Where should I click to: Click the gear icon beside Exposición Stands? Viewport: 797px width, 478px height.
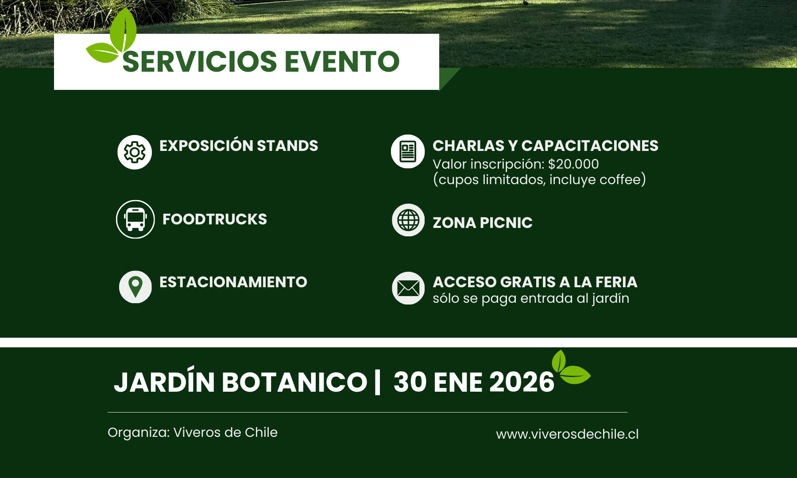[135, 152]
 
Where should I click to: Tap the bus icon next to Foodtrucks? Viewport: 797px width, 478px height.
[135, 219]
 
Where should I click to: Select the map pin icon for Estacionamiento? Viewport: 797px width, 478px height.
[135, 287]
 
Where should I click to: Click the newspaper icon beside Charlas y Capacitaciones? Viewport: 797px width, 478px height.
[408, 151]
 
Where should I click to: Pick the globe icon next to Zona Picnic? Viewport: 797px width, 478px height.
[408, 220]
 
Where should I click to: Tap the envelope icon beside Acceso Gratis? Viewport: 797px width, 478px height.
[408, 288]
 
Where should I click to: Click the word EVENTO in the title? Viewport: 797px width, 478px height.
[342, 62]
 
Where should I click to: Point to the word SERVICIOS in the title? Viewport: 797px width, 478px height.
[200, 62]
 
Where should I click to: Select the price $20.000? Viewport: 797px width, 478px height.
[573, 164]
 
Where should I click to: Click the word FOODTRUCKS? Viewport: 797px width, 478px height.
[215, 219]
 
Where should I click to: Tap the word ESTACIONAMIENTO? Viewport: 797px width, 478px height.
[233, 282]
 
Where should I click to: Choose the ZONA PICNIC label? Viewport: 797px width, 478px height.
[483, 223]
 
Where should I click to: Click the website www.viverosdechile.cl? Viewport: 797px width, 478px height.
[567, 434]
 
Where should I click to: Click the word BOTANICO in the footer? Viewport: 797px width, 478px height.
[294, 382]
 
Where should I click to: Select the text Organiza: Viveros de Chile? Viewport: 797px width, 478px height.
[193, 432]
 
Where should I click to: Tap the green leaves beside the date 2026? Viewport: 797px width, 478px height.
[571, 367]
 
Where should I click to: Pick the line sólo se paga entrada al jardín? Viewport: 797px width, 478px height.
[531, 299]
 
